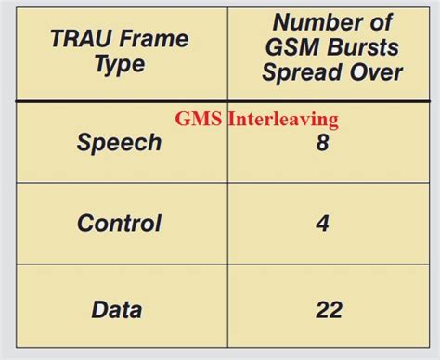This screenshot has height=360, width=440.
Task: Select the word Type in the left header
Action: (119, 64)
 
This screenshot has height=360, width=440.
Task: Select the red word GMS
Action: (196, 119)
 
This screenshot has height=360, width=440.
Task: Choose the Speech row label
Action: (119, 143)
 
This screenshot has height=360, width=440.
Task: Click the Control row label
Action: (119, 224)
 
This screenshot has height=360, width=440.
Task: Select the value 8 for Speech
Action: (322, 143)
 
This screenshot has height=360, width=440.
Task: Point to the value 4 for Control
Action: (322, 224)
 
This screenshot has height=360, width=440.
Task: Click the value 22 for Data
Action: (328, 309)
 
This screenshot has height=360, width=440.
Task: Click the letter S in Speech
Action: (84, 143)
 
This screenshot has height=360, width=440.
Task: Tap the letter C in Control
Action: (85, 224)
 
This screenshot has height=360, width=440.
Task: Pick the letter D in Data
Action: (98, 309)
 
